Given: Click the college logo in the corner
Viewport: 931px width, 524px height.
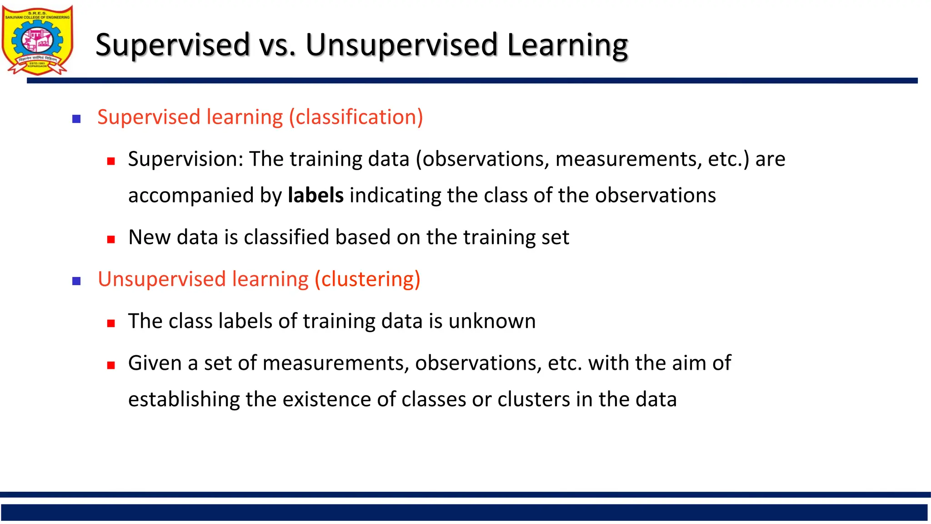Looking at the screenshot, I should click(x=37, y=40).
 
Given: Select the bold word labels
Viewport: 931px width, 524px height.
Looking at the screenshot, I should click(x=315, y=196).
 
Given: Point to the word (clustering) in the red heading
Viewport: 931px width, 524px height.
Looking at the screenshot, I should click(x=367, y=279).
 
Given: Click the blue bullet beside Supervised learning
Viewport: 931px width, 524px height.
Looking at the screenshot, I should click(x=76, y=119).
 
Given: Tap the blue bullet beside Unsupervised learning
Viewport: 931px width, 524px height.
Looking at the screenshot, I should click(x=76, y=281).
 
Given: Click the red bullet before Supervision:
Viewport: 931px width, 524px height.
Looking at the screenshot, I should click(x=111, y=161).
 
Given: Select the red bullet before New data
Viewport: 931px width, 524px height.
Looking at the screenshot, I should click(x=111, y=239).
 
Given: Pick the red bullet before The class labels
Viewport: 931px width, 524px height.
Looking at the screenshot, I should click(x=111, y=323).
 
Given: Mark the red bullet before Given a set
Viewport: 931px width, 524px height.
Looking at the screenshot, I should click(x=111, y=365).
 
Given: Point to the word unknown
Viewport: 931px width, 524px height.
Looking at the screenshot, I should click(x=492, y=322).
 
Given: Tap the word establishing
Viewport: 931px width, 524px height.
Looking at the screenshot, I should click(x=184, y=400).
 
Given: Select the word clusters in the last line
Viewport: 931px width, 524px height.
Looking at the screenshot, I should click(x=534, y=400).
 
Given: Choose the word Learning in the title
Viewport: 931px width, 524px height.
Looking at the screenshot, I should click(x=567, y=45).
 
